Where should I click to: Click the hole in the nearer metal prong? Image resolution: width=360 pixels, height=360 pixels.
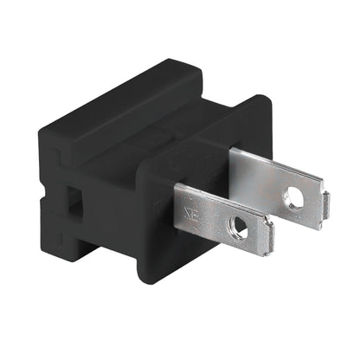point(240,228)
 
